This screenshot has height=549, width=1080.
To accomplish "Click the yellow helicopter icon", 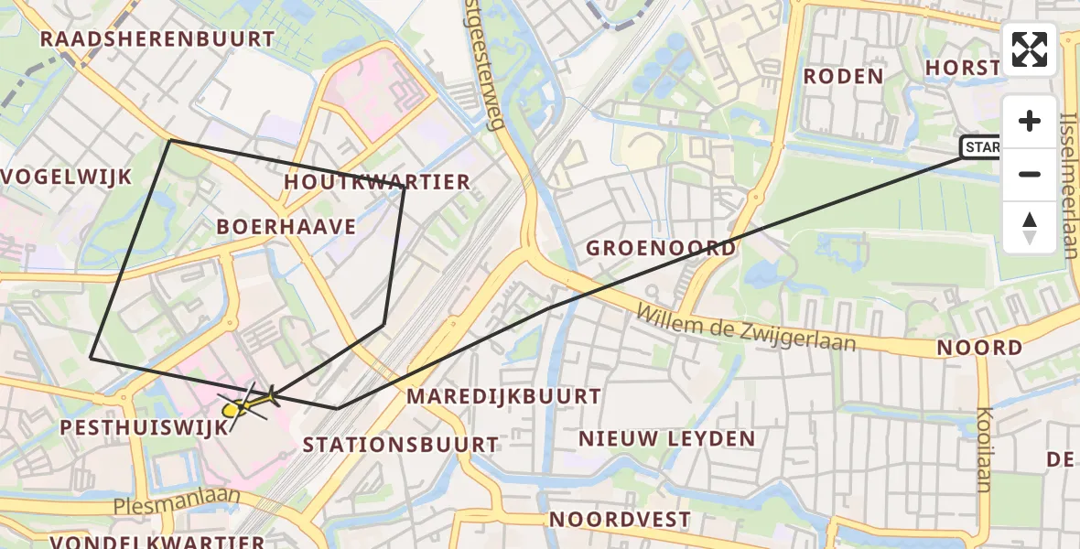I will point(248,404).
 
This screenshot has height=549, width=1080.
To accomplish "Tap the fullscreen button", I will point(1030,49).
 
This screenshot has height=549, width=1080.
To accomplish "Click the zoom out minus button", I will point(1030,174).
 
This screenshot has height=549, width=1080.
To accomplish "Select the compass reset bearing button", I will point(1030,227).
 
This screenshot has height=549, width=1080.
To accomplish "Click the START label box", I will point(981,147).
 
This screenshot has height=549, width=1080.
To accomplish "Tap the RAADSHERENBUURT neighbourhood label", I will point(157,39).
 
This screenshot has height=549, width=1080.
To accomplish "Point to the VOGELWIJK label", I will point(68,177).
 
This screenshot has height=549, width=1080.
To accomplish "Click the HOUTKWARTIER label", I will point(376,182).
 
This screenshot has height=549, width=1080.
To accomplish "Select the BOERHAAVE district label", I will point(286,227).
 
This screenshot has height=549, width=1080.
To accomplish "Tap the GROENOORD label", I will point(660,248).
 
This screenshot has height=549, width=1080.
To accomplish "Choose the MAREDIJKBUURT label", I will point(503,396).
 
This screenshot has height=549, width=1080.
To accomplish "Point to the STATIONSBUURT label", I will point(401,446).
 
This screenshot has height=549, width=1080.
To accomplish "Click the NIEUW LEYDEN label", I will point(666,439).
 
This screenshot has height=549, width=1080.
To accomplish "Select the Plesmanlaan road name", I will point(178,501).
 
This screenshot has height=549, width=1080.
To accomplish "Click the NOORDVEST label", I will point(620,520).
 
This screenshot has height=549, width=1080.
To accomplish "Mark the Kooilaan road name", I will point(984,448).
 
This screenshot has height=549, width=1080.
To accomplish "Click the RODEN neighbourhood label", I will point(843,76).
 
